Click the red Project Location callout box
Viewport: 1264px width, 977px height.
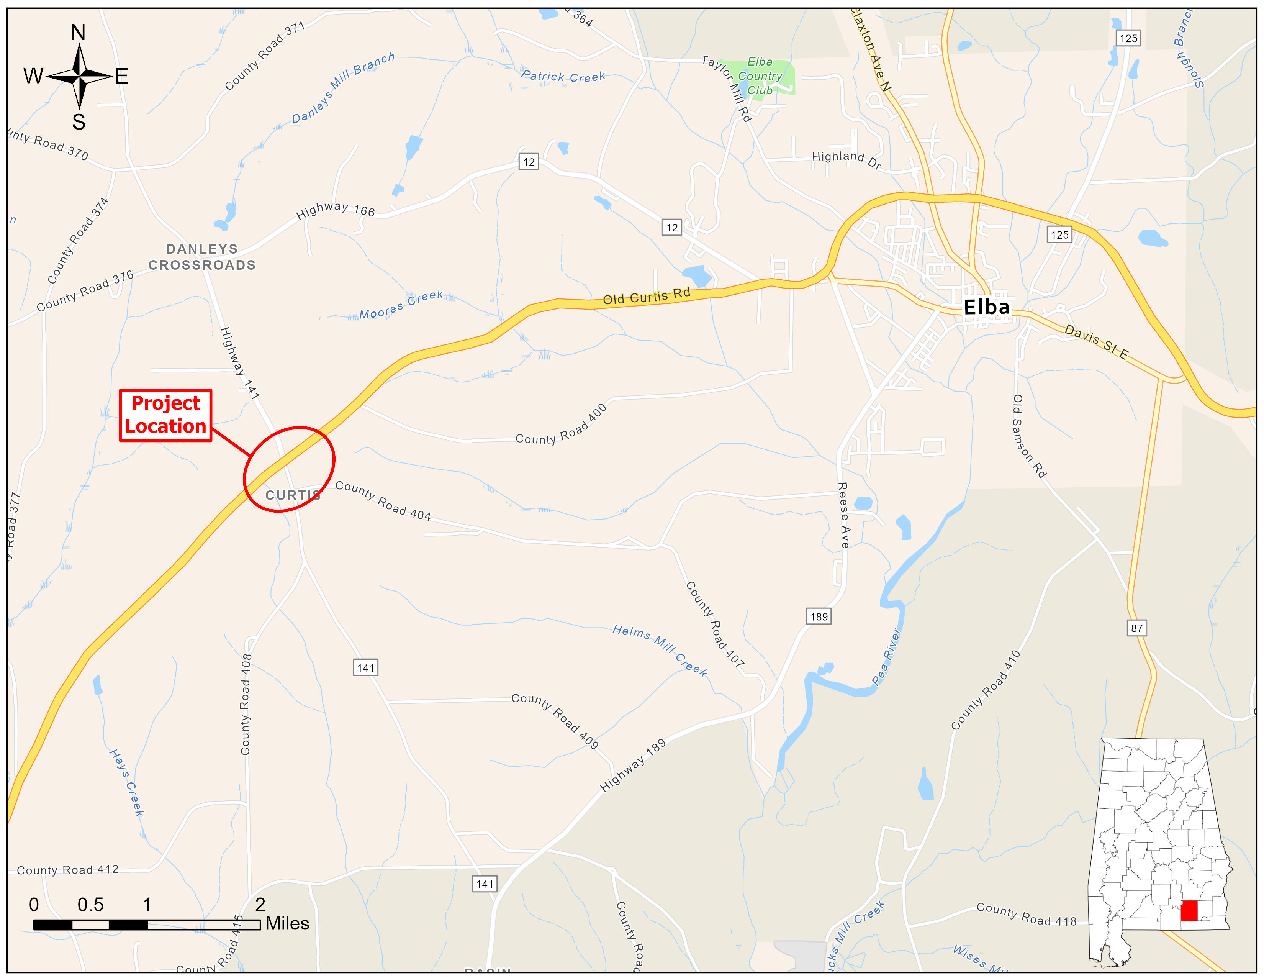pos(165,415)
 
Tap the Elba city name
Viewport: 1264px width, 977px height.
pos(986,307)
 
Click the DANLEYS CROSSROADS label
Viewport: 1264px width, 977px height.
pos(202,257)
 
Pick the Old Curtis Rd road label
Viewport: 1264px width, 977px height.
pos(647,296)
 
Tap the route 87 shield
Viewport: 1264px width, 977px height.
pos(1137,628)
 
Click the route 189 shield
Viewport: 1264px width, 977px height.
pos(819,616)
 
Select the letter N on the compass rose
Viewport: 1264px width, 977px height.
pos(78,33)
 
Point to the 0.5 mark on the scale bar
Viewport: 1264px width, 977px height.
pos(90,905)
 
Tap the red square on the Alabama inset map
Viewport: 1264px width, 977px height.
pos(1189,910)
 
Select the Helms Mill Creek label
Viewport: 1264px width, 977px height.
pos(660,650)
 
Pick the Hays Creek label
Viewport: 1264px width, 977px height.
pos(126,782)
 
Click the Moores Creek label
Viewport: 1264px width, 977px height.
pos(401,305)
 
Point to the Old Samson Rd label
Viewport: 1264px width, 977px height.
pos(1028,436)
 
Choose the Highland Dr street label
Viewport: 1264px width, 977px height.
pos(846,159)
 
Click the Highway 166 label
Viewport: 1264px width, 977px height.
pos(335,210)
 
